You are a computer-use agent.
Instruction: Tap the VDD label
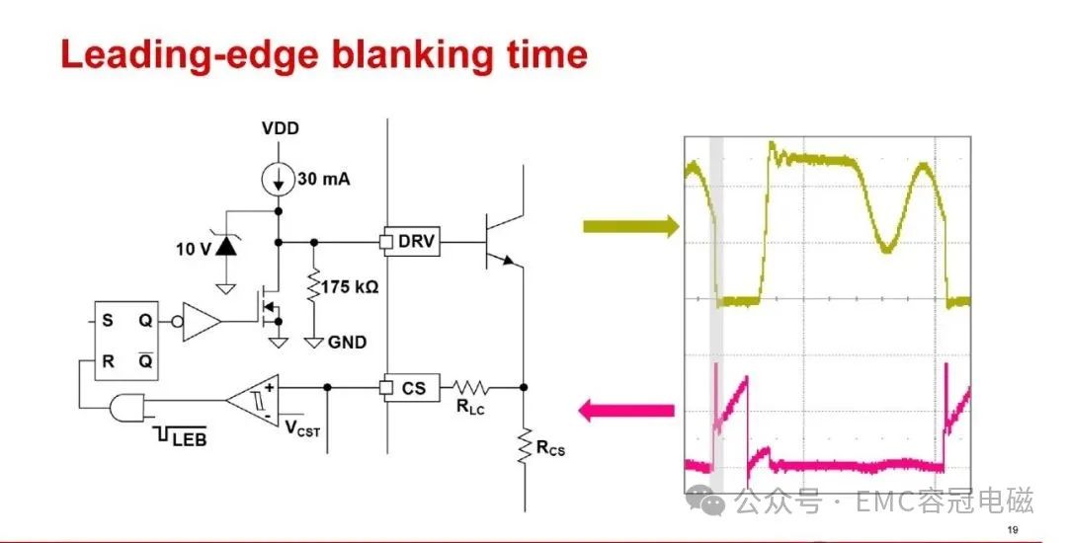pyautogui.click(x=281, y=128)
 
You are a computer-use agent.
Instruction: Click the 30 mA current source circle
pyautogui.click(x=278, y=179)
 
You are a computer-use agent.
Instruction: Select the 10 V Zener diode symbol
pyautogui.click(x=226, y=247)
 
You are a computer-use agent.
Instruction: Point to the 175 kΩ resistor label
pyautogui.click(x=349, y=286)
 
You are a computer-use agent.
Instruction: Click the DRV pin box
pyautogui.click(x=412, y=241)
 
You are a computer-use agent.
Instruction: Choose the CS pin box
pyautogui.click(x=412, y=388)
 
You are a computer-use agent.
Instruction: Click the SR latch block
pyautogui.click(x=125, y=341)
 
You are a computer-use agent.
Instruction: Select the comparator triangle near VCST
pyautogui.click(x=253, y=401)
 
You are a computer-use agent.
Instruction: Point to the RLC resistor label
pyautogui.click(x=469, y=407)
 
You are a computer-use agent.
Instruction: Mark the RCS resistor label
pyautogui.click(x=550, y=448)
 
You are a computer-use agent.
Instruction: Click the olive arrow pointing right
pyautogui.click(x=630, y=226)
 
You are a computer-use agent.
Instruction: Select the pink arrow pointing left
pyautogui.click(x=626, y=411)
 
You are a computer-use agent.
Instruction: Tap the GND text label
pyautogui.click(x=347, y=343)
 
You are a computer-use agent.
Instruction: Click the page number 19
pyautogui.click(x=1012, y=530)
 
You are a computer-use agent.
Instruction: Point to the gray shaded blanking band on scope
pyautogui.click(x=716, y=314)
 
